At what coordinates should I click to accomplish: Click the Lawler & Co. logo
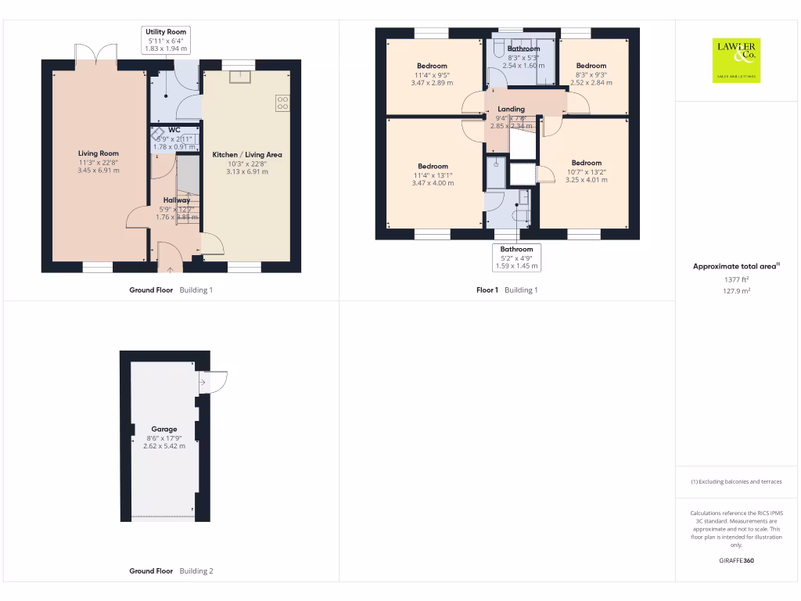(735, 60)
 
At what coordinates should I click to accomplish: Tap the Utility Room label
(166, 31)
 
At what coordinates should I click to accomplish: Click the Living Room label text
(99, 153)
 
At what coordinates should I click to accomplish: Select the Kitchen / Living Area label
(247, 155)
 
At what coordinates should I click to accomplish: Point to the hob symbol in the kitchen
(282, 103)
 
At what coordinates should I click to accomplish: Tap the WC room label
(174, 130)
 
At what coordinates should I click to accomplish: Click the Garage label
(164, 429)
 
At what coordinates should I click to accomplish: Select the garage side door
(214, 381)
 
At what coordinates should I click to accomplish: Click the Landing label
(511, 110)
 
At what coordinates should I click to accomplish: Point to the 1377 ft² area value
(735, 279)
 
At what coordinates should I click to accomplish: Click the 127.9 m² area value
(735, 290)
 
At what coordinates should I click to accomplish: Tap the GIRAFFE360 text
(735, 560)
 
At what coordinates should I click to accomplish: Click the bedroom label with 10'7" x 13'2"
(586, 163)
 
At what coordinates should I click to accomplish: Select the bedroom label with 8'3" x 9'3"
(591, 66)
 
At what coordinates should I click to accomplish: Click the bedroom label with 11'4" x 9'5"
(432, 66)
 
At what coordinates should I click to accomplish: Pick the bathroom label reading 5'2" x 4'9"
(517, 250)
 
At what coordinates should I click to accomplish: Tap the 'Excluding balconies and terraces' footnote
(735, 482)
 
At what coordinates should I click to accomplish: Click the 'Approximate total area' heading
(734, 267)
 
